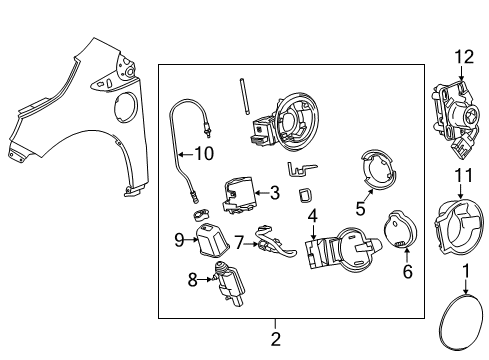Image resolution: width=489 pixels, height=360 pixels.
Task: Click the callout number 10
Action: [204, 153]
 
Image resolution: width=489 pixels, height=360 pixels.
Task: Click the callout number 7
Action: [240, 241]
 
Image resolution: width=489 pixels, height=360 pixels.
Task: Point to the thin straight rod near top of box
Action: [243, 98]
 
